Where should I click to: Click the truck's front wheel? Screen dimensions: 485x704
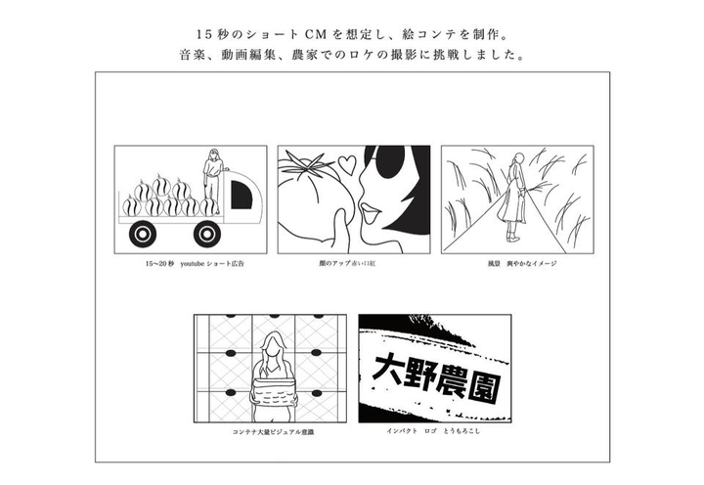(206, 234)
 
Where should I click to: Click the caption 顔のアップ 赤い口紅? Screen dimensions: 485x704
(355, 264)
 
